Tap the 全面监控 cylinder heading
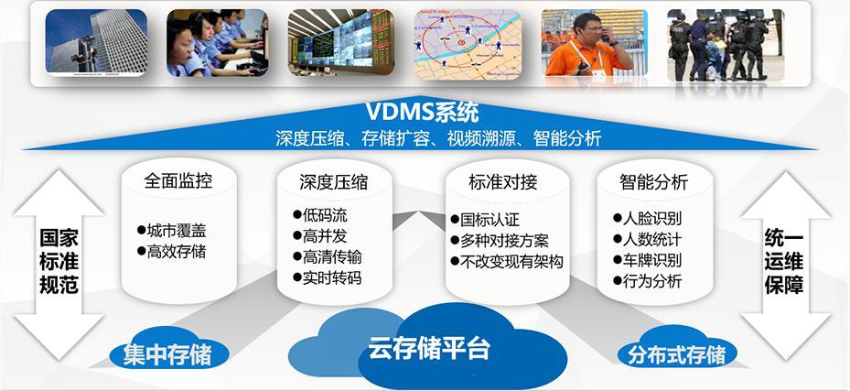point(178,180)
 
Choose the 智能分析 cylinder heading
point(653,181)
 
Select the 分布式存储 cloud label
point(677,353)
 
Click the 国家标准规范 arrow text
point(59,261)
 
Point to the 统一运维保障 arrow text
point(784,261)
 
